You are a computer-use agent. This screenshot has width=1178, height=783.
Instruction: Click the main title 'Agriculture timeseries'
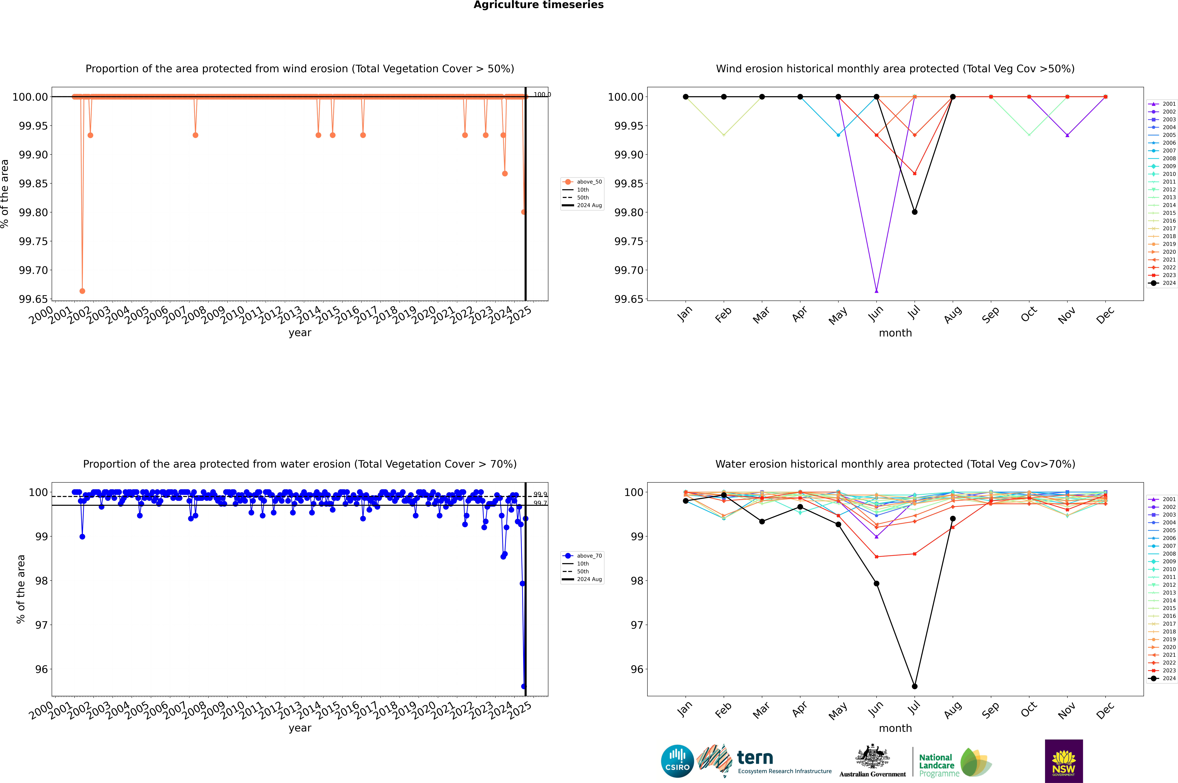click(538, 5)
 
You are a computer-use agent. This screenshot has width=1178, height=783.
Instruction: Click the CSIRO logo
click(677, 761)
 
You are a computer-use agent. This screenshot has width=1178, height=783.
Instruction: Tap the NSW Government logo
click(1064, 761)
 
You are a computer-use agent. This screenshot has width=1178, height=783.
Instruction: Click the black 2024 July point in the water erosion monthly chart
click(914, 686)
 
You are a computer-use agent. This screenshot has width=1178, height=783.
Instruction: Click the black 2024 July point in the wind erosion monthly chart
click(914, 212)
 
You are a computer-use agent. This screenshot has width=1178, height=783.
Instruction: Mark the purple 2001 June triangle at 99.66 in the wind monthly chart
click(876, 291)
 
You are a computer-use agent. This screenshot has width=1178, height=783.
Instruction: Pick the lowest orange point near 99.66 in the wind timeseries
click(82, 291)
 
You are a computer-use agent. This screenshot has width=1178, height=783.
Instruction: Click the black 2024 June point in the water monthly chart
click(876, 583)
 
